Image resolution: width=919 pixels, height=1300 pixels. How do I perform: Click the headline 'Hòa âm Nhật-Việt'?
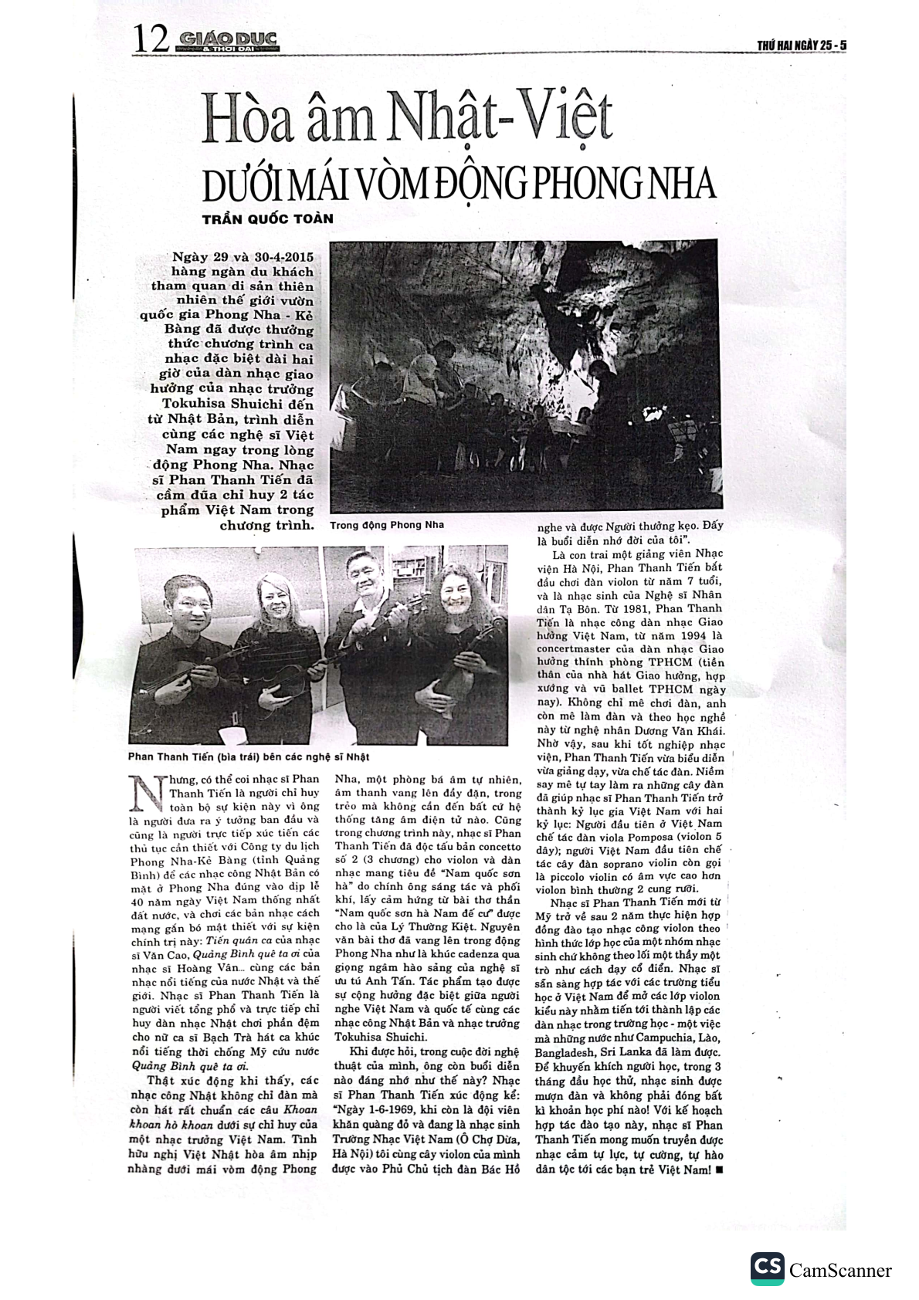pos(407,120)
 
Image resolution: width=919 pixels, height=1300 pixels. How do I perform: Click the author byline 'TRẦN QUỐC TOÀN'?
pos(267,218)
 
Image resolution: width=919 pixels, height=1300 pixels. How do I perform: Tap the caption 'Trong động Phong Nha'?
pos(386,525)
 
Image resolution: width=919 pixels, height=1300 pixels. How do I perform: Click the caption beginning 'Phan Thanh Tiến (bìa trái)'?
pos(249,757)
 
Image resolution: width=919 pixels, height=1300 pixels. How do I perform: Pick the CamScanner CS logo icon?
pos(767,1268)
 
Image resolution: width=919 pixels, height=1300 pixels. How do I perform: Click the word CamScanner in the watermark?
pos(840,1271)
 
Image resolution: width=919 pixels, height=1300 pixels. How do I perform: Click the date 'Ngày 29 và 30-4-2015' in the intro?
pos(244,256)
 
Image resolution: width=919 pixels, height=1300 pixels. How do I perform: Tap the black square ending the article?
pos(719,1170)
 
